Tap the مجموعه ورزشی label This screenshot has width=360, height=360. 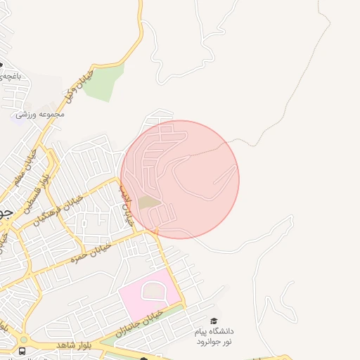pos(41,114)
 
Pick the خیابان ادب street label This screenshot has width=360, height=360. pos(126,205)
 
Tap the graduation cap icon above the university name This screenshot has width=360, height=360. pos(214,321)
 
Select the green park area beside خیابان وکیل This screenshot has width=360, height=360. pos(105,82)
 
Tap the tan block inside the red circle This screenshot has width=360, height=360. pos(148,202)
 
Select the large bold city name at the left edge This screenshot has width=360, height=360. pos(6,212)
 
